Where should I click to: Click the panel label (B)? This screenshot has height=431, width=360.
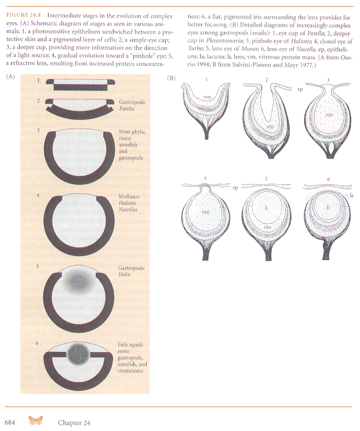click(171, 77)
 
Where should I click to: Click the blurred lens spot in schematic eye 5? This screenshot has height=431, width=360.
click(75, 281)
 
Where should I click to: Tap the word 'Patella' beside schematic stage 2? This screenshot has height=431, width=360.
click(128, 109)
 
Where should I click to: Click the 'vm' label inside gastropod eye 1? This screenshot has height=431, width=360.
click(206, 97)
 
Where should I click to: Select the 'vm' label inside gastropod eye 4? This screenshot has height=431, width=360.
click(205, 213)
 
